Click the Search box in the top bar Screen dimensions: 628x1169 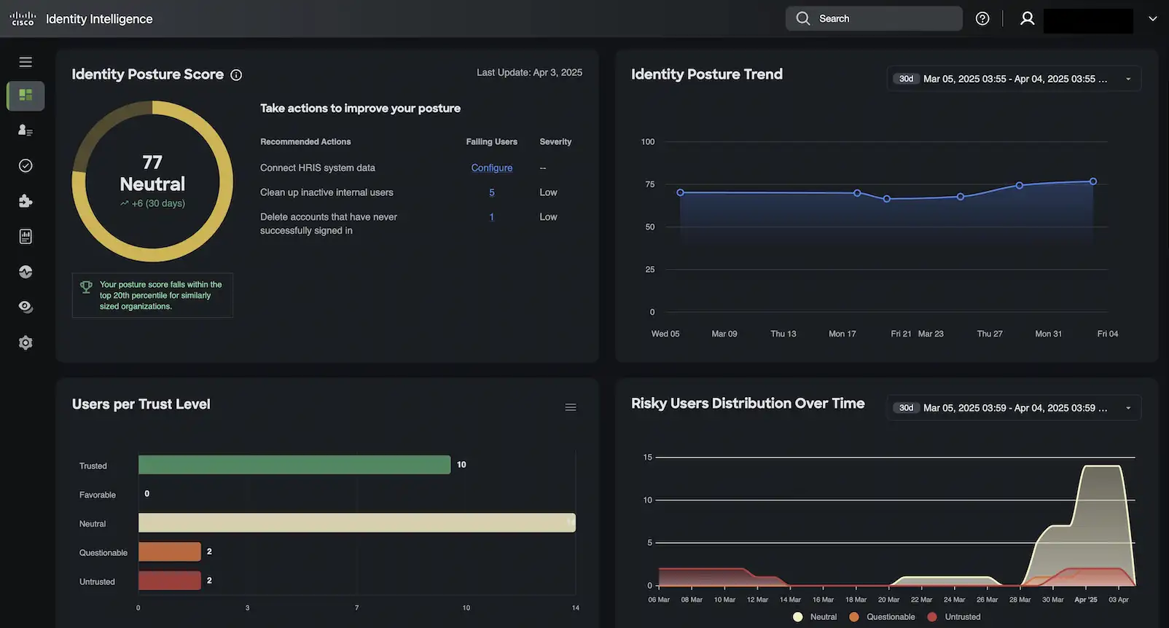(x=873, y=19)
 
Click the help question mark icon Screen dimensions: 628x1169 (x=982, y=19)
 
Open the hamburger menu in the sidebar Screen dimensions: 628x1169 (x=26, y=62)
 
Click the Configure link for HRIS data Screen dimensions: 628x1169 (x=491, y=168)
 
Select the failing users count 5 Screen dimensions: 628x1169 (x=491, y=192)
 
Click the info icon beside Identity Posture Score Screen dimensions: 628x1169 (x=236, y=75)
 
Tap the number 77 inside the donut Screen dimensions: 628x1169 (x=152, y=162)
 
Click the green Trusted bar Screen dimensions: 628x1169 (x=294, y=465)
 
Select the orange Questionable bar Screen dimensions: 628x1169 (x=169, y=552)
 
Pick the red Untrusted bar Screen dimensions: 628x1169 (x=169, y=581)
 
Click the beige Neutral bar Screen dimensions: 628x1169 (x=356, y=522)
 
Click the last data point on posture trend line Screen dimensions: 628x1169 (x=1092, y=181)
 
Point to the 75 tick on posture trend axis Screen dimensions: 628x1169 (x=649, y=184)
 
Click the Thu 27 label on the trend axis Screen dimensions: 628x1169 (x=989, y=334)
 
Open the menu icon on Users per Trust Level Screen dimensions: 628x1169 (x=571, y=407)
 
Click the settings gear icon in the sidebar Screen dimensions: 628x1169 (x=26, y=342)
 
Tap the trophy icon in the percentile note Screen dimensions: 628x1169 (x=86, y=287)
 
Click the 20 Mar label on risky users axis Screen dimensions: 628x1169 (x=888, y=600)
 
